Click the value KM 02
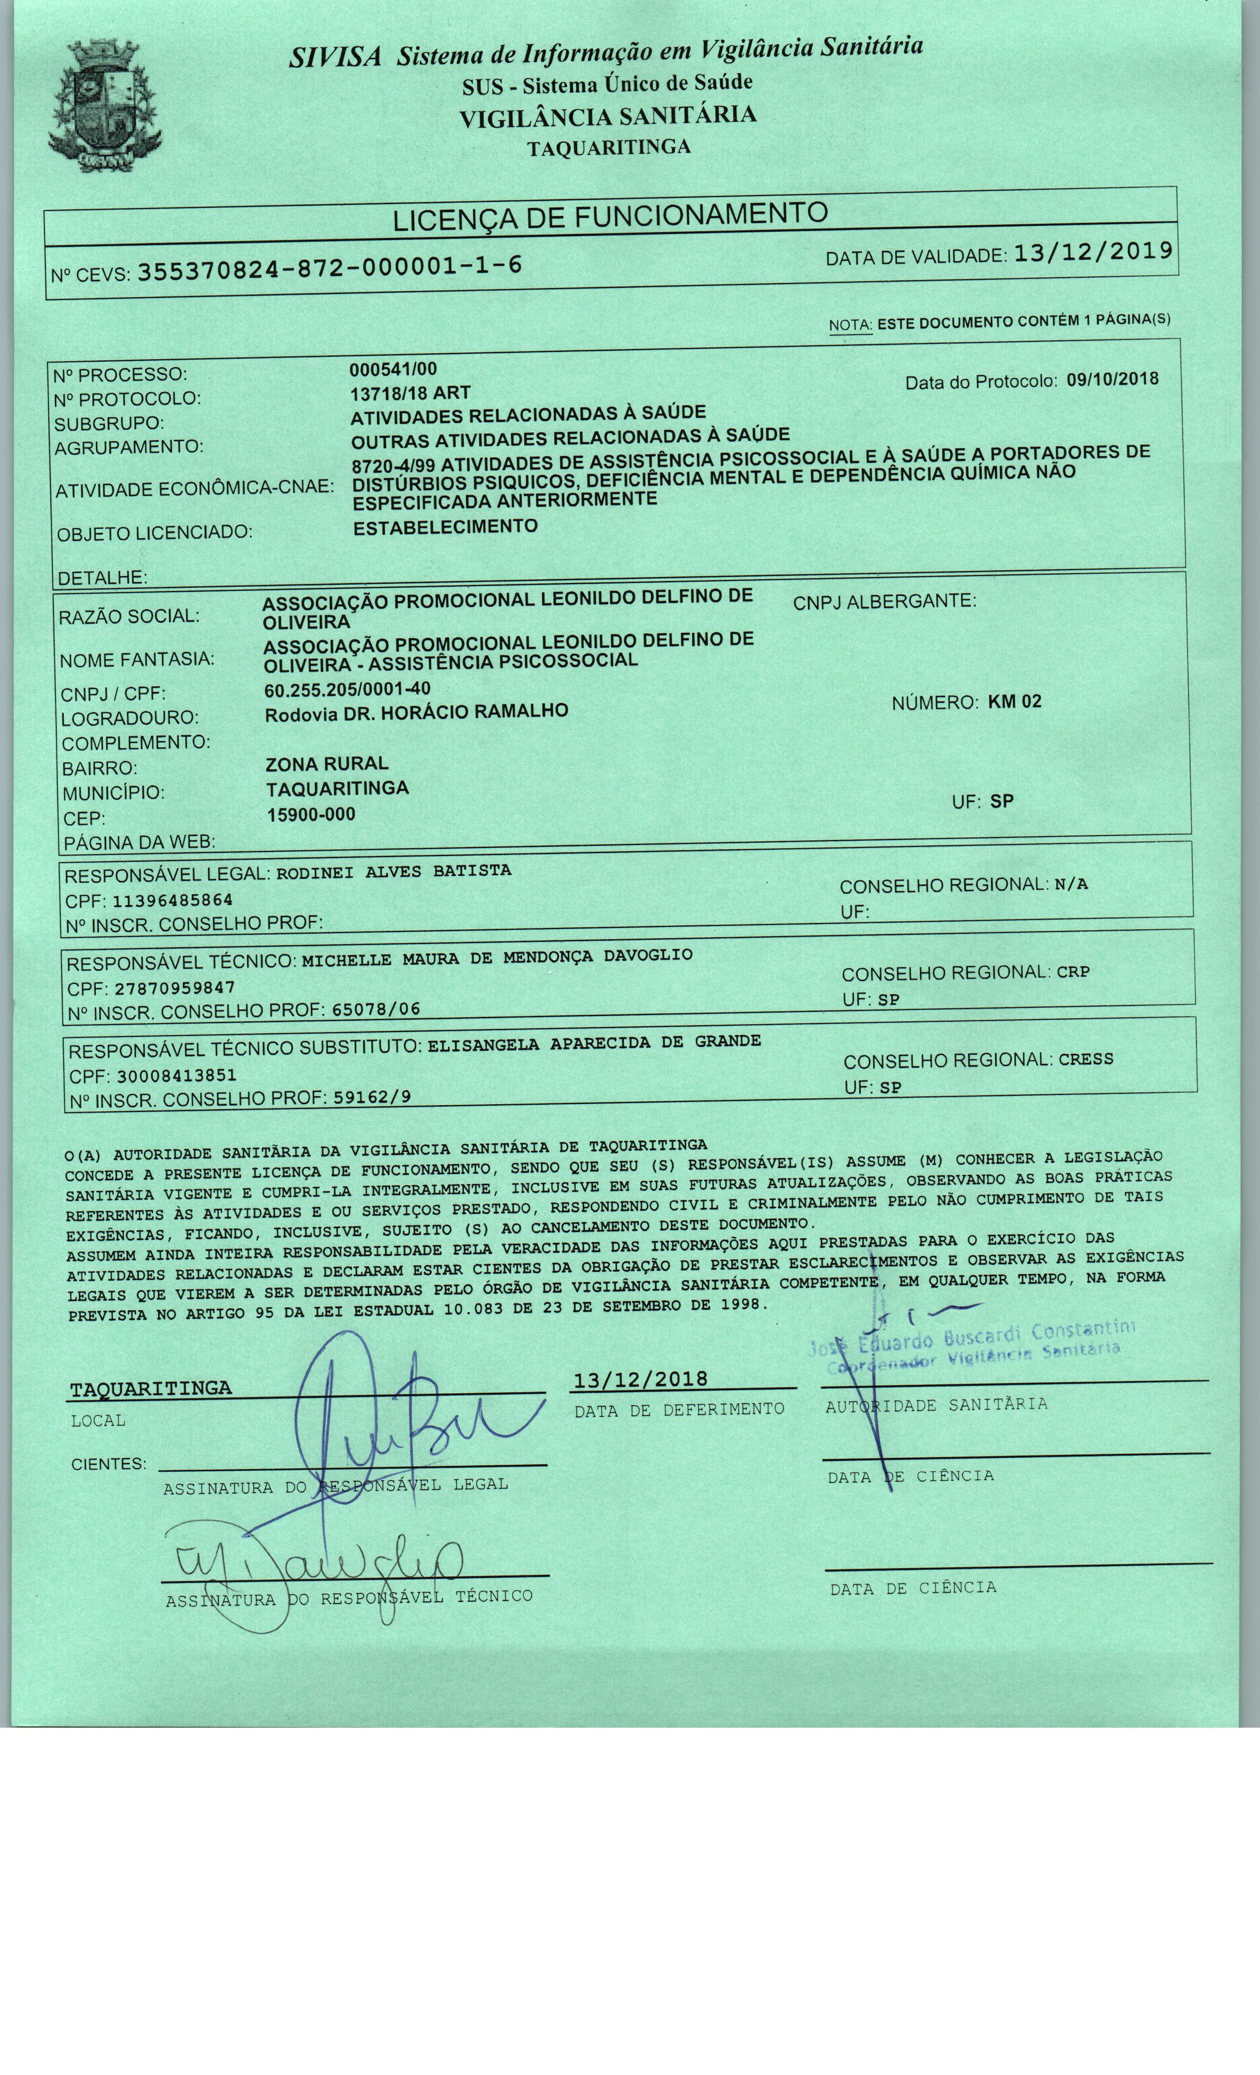click(x=1014, y=701)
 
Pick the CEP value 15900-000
click(x=311, y=814)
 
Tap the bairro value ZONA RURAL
click(x=327, y=764)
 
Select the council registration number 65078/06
click(x=376, y=1008)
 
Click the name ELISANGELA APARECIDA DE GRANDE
click(x=594, y=1042)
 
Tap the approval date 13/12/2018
click(x=640, y=1378)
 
